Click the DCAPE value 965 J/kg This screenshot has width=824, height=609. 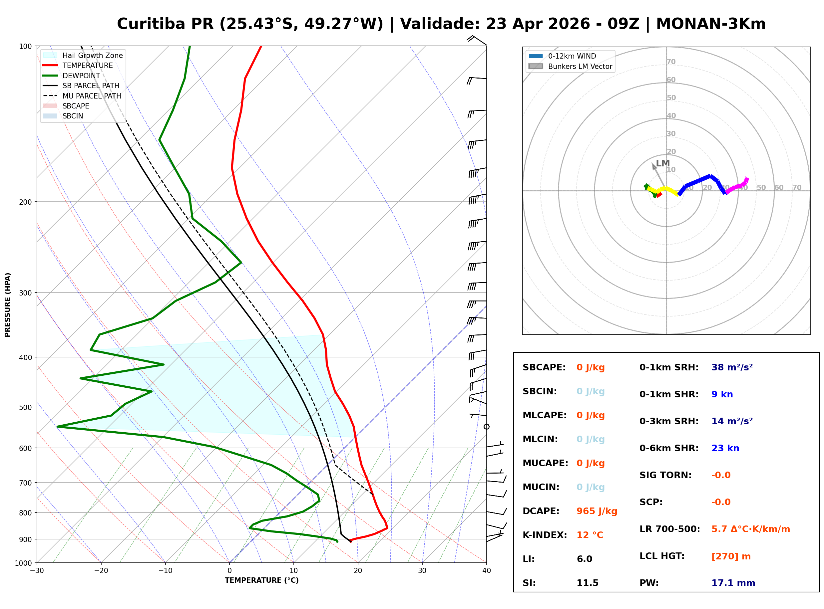click(597, 511)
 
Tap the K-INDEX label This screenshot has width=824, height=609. click(545, 535)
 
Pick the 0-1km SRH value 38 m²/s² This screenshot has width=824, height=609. click(732, 367)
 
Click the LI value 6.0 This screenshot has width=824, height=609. click(584, 559)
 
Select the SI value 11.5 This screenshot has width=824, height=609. click(587, 583)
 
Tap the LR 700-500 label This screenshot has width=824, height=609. click(669, 529)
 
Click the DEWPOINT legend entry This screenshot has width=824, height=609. click(81, 76)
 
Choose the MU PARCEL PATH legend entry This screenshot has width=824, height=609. click(92, 96)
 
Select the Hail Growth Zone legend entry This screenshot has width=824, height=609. click(92, 55)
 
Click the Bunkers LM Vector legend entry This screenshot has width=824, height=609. click(580, 66)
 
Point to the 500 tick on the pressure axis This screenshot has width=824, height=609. click(25, 407)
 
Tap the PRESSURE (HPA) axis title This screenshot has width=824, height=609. click(7, 304)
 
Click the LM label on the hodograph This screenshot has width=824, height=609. click(662, 163)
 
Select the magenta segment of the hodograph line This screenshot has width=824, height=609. click(737, 186)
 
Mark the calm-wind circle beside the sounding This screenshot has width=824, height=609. click(487, 427)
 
